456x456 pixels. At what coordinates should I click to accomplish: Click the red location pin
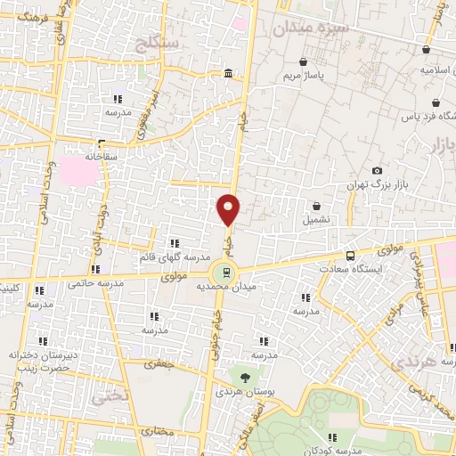(229, 209)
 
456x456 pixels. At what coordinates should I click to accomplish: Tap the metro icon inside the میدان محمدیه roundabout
(226, 273)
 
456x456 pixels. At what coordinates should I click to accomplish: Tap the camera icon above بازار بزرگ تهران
(378, 170)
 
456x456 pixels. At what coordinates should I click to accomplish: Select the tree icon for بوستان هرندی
(245, 378)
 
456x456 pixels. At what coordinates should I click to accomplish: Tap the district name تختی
(111, 394)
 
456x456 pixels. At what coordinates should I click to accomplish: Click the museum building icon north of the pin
(229, 73)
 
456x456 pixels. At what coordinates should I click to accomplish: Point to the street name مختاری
(155, 430)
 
